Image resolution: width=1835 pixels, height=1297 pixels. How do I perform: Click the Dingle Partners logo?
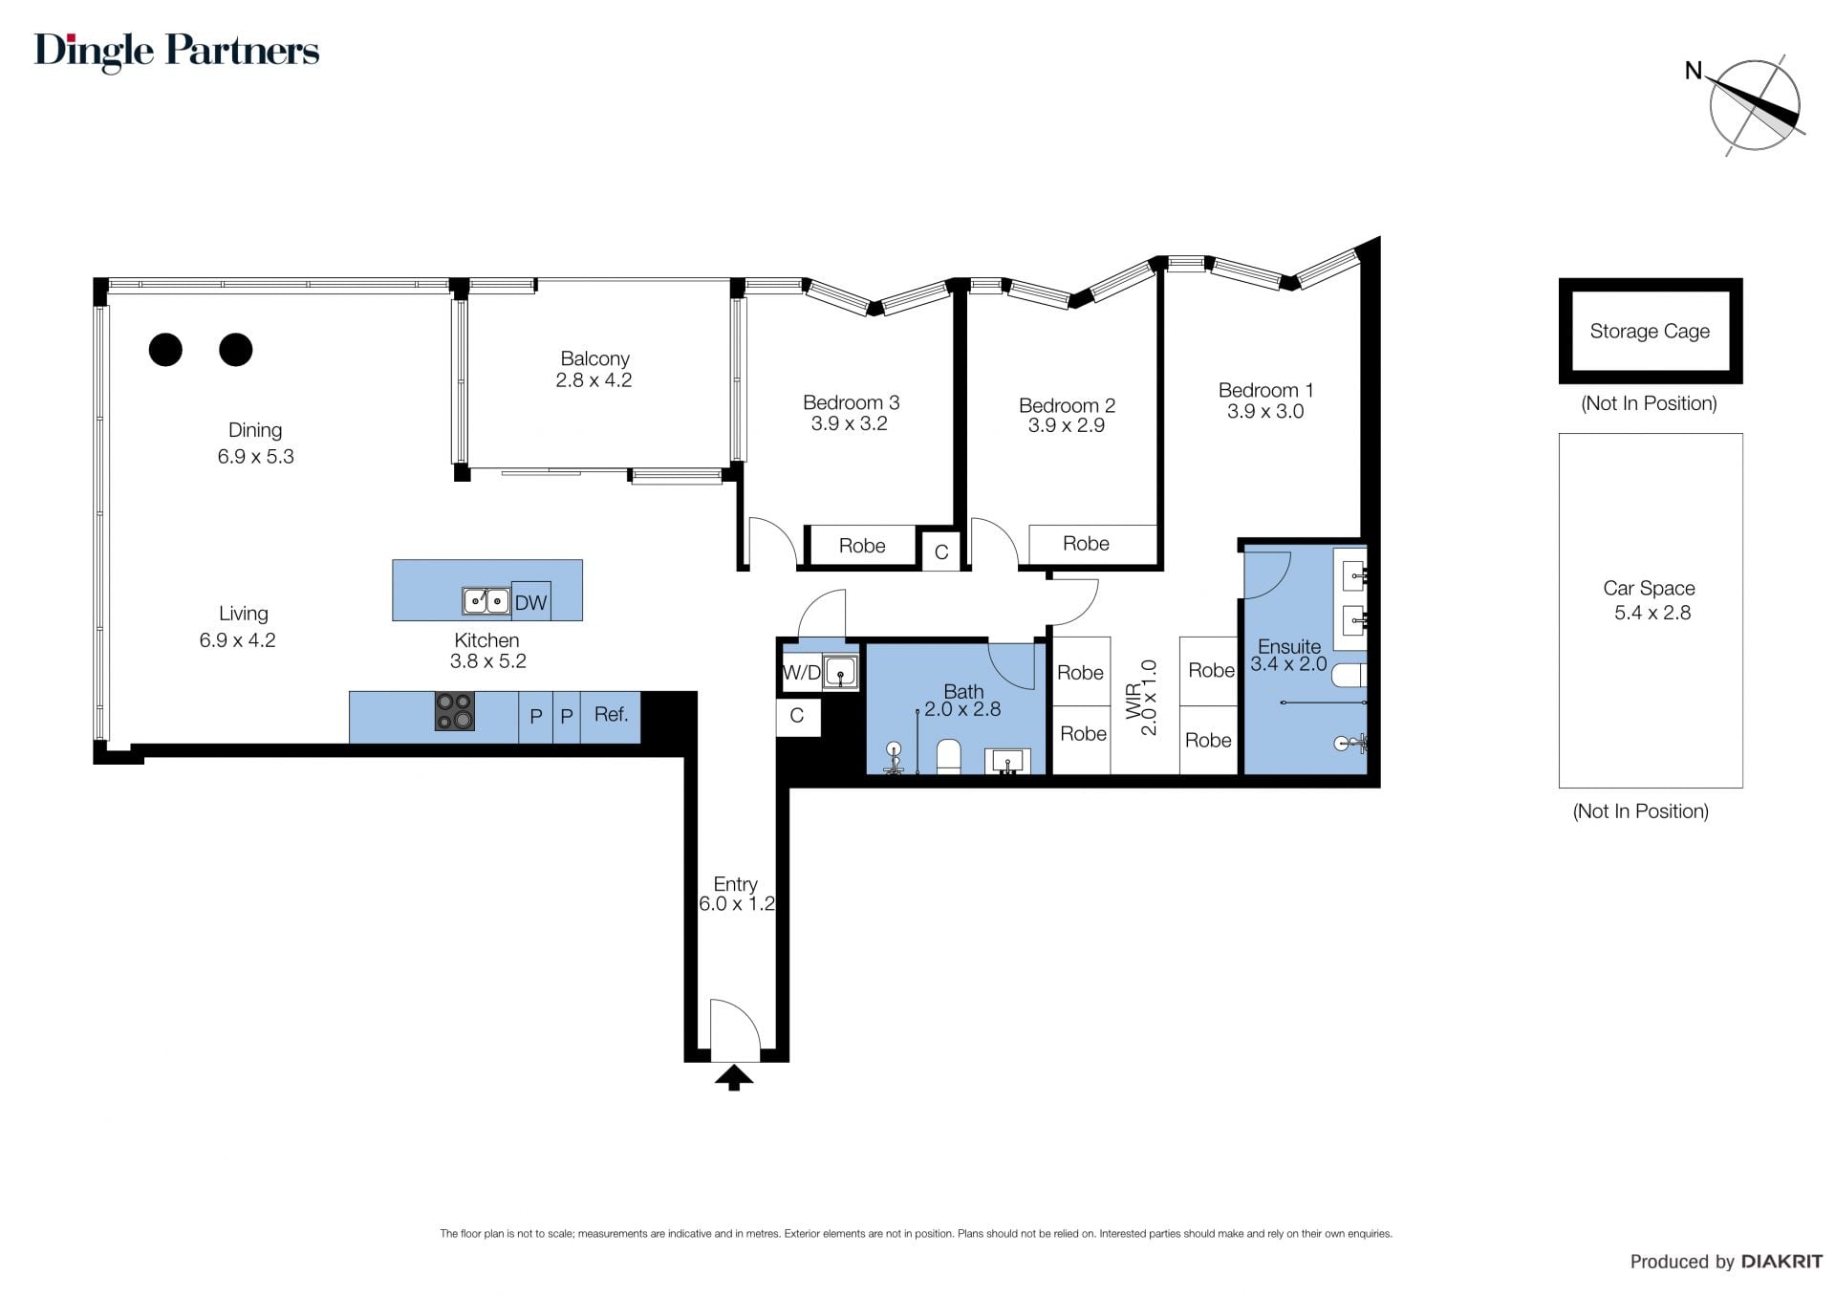177,52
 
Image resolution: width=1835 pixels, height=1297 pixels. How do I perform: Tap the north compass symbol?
1753,105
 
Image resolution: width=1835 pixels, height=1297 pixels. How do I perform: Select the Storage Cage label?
1650,331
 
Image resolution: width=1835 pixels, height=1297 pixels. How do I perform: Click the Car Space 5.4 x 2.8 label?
1651,600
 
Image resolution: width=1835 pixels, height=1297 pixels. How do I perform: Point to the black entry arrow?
734,1077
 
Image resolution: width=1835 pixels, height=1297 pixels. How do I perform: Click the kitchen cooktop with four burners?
454,711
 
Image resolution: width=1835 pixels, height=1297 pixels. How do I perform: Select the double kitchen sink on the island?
486,600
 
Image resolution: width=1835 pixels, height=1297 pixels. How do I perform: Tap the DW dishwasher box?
531,601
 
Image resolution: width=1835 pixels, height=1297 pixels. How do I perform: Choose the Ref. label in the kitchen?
612,714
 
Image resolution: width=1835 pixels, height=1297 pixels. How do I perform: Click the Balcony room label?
594,358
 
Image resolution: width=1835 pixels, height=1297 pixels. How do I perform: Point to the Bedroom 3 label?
851,402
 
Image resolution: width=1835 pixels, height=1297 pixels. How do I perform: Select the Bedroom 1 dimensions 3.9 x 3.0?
1265,412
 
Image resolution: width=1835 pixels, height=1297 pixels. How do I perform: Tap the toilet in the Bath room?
949,755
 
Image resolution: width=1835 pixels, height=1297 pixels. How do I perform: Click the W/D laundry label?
801,673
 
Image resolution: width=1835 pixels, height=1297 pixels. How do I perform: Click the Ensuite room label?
1289,646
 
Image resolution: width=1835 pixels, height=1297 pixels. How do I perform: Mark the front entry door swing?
735,1029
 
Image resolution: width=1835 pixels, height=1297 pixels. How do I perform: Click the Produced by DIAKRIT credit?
1726,1262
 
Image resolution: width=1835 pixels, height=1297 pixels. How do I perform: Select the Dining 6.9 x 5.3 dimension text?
255,457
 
